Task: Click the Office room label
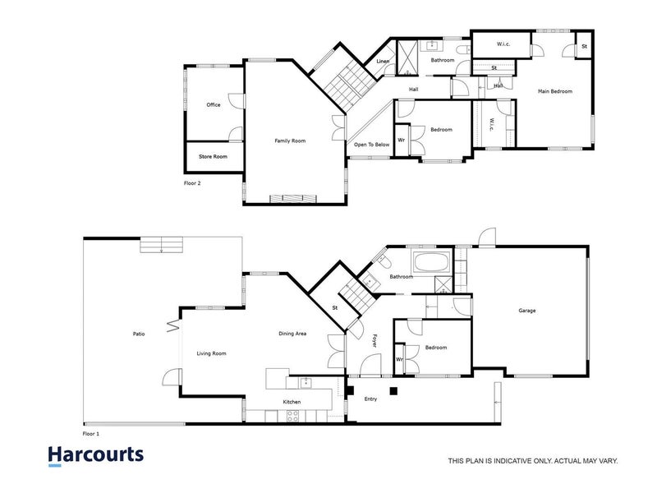214,105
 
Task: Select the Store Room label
214,156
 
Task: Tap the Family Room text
290,141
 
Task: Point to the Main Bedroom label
555,91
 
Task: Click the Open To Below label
371,145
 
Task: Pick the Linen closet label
384,62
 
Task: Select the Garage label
527,311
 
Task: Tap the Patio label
140,334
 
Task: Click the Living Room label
211,353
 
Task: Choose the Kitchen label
292,402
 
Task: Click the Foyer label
374,339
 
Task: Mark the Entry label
371,399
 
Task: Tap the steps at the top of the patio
162,245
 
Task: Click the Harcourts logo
95,455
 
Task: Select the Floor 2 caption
192,183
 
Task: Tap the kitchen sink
306,381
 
